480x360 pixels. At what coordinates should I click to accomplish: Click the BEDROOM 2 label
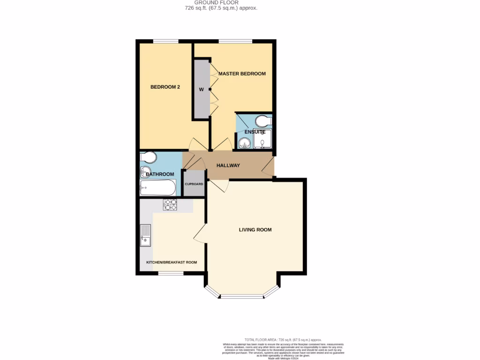point(165,87)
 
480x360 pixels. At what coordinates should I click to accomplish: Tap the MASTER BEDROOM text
point(242,74)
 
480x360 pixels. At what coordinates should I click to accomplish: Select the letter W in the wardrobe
point(201,90)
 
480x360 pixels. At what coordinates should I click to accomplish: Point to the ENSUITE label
point(255,132)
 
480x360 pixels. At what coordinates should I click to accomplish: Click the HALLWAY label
point(228,165)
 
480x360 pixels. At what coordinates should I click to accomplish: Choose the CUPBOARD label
point(194,184)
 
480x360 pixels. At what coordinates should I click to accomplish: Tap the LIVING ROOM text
point(255,230)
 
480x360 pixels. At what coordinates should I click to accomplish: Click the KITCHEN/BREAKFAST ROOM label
point(172,262)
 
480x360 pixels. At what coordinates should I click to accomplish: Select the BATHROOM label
point(159,174)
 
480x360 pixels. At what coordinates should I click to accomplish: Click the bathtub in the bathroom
point(157,188)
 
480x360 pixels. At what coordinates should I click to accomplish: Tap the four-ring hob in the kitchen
point(170,205)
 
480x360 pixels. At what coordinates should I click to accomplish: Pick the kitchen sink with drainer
point(145,235)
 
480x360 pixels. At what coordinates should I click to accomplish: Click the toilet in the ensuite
point(262,122)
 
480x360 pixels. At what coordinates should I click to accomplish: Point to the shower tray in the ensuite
point(262,139)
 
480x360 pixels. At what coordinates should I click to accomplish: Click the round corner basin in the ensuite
point(244,142)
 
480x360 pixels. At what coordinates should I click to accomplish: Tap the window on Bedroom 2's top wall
point(165,41)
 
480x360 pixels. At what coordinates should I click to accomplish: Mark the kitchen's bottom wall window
point(171,273)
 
